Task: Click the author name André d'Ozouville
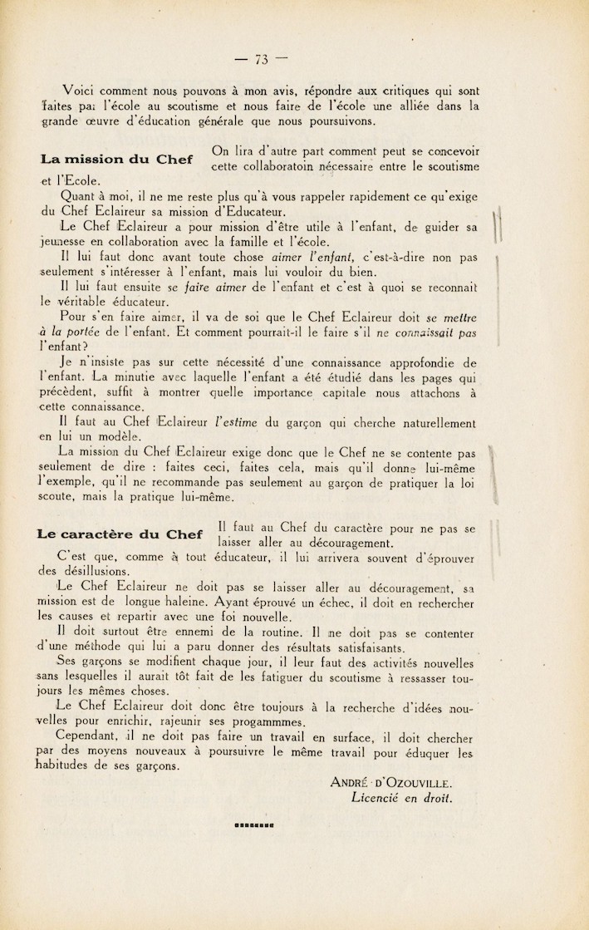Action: click(x=390, y=782)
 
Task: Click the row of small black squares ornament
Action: click(x=254, y=826)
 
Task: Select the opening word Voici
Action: click(x=80, y=90)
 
